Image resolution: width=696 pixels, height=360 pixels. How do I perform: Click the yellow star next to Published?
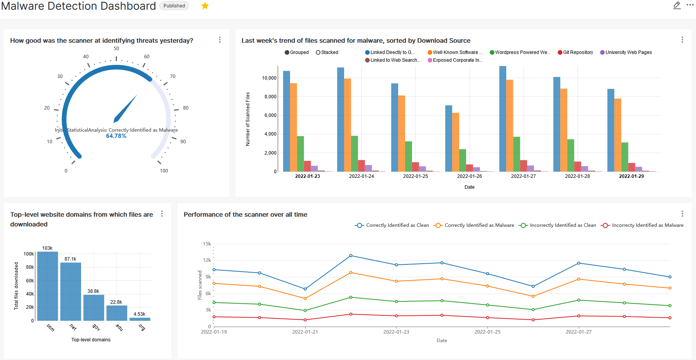[205, 6]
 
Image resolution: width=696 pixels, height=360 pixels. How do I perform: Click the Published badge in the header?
[174, 6]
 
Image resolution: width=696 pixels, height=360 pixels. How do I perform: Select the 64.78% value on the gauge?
[116, 136]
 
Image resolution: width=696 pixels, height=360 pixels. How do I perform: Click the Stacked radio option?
[327, 52]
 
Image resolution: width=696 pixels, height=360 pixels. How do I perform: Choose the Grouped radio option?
[297, 52]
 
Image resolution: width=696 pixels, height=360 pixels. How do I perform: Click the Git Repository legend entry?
[576, 52]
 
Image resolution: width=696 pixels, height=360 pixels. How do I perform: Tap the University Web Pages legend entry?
[626, 52]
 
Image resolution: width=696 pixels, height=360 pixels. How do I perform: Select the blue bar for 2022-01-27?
[503, 118]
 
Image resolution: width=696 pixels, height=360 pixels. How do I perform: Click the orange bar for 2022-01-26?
[456, 142]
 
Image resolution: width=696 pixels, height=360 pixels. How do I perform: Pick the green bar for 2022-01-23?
[300, 154]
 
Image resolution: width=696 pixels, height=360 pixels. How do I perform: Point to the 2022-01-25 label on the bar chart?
[415, 176]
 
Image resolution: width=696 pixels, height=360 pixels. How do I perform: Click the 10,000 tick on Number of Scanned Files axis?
[269, 78]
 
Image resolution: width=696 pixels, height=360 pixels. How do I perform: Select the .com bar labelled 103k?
[47, 286]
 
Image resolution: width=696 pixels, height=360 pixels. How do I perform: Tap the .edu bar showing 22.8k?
[117, 313]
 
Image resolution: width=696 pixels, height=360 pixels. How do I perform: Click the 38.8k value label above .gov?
[93, 291]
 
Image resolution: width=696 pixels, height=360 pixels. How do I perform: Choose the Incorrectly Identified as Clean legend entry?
[558, 225]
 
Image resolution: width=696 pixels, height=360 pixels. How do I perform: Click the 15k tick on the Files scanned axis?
[207, 244]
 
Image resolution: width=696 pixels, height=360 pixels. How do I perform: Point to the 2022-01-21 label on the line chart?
[305, 332]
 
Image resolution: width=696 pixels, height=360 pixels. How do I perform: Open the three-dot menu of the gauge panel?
[220, 40]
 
